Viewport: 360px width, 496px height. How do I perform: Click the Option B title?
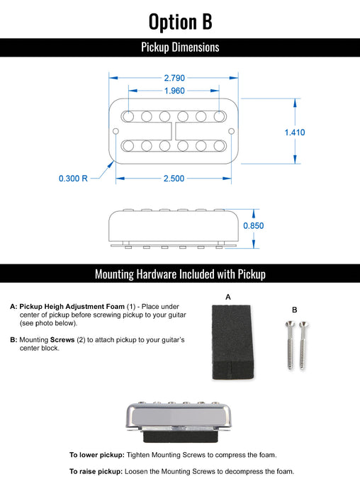pyautogui.click(x=180, y=21)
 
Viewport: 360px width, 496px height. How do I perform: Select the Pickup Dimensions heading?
pyautogui.click(x=180, y=47)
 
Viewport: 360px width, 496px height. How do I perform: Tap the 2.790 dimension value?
pyautogui.click(x=174, y=77)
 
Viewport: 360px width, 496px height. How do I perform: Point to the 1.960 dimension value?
pyautogui.click(x=174, y=91)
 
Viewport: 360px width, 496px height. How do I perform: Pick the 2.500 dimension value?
pyautogui.click(x=174, y=179)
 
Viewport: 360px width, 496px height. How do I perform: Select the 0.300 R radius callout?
pyautogui.click(x=73, y=179)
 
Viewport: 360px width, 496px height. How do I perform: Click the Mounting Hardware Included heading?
pyautogui.click(x=180, y=274)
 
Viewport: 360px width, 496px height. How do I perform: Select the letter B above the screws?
pyautogui.click(x=295, y=310)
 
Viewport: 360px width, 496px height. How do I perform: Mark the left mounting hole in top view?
pyautogui.click(x=116, y=131)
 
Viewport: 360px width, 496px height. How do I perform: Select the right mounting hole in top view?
pyautogui.click(x=232, y=131)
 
